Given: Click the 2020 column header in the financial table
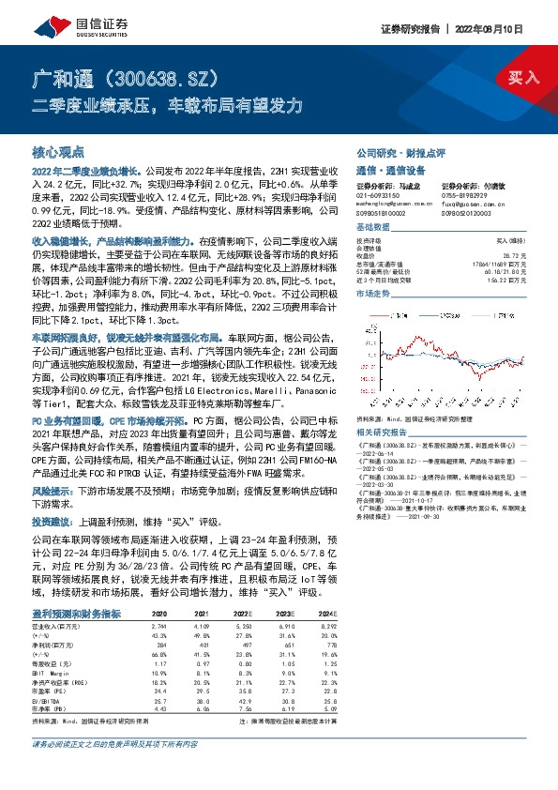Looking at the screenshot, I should pyautogui.click(x=159, y=614).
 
